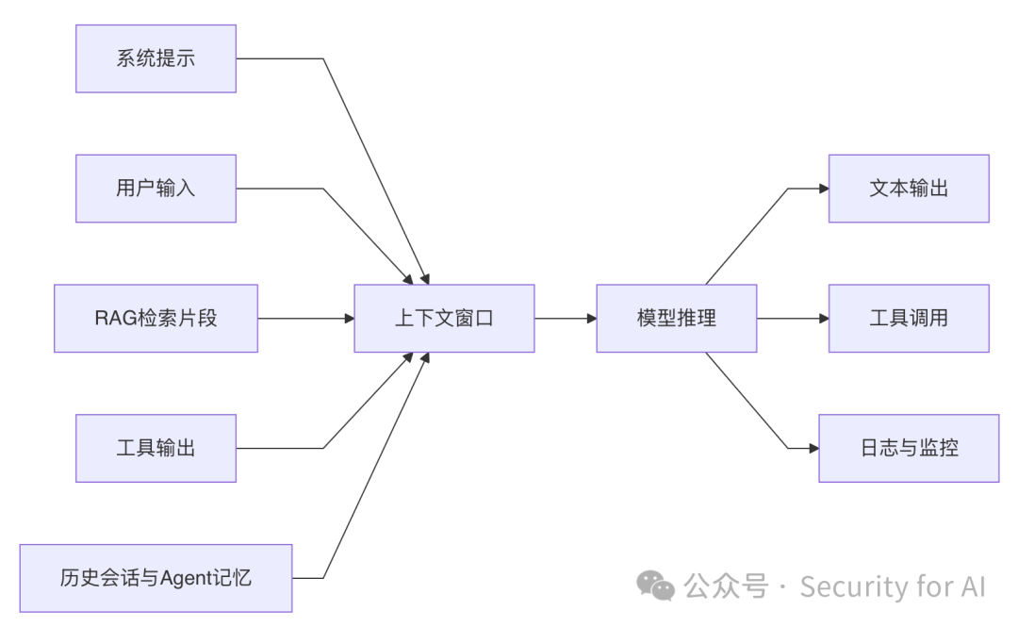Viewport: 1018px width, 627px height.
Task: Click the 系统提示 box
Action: pyautogui.click(x=156, y=58)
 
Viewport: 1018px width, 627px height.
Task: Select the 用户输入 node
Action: pyautogui.click(x=156, y=189)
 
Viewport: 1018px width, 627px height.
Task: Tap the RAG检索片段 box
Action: pyautogui.click(x=156, y=319)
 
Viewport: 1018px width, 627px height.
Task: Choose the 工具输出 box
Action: pyautogui.click(x=156, y=448)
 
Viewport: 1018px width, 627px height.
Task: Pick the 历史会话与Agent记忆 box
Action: pyautogui.click(x=156, y=578)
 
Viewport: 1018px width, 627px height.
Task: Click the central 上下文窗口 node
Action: pyautogui.click(x=444, y=319)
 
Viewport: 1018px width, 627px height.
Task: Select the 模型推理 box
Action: pyautogui.click(x=676, y=319)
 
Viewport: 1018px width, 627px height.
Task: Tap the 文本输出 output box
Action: pyautogui.click(x=909, y=189)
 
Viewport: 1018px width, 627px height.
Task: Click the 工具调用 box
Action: pyautogui.click(x=909, y=319)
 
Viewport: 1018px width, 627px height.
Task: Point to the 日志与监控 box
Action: pyautogui.click(x=909, y=448)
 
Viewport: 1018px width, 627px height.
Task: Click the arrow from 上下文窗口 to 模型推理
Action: pyautogui.click(x=566, y=319)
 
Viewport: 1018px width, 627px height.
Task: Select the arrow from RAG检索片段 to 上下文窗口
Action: pyautogui.click(x=305, y=319)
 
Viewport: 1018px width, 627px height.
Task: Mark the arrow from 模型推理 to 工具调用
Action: pyautogui.click(x=792, y=319)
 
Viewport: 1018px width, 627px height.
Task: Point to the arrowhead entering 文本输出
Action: pyautogui.click(x=824, y=189)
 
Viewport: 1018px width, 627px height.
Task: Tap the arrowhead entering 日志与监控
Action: pyautogui.click(x=813, y=448)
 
